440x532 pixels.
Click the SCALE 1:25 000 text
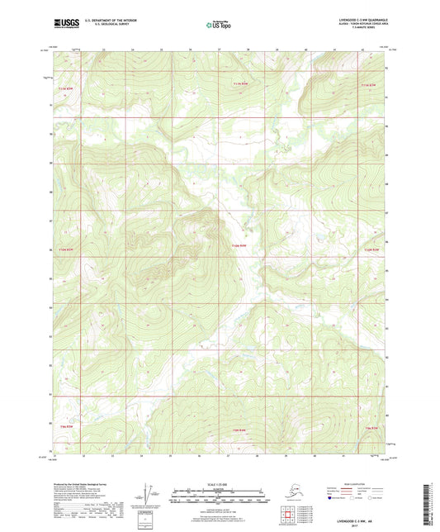(x=219, y=484)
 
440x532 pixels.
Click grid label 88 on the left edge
(x=50, y=191)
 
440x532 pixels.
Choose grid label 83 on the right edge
(x=390, y=336)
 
